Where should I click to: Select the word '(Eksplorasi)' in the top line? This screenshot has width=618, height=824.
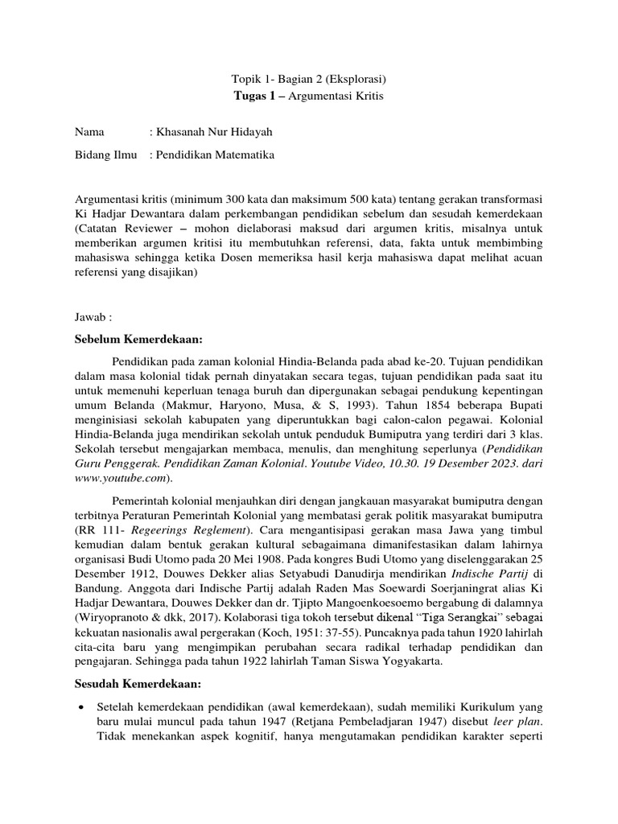click(x=355, y=80)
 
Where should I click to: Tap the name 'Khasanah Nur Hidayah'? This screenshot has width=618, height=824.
click(x=211, y=132)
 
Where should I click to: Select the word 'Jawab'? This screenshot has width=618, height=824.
click(x=91, y=318)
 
